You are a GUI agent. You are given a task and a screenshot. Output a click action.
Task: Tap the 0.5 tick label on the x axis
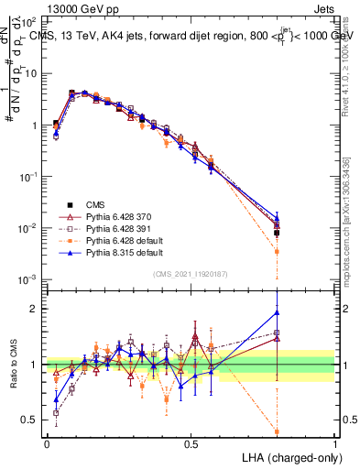pyautogui.click(x=191, y=443)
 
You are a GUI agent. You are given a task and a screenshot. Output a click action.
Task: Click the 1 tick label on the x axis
pyautogui.click(x=335, y=443)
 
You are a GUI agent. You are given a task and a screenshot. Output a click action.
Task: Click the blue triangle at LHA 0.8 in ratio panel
pyautogui.click(x=277, y=312)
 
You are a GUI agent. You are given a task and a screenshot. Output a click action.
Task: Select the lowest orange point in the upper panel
pyautogui.click(x=277, y=251)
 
